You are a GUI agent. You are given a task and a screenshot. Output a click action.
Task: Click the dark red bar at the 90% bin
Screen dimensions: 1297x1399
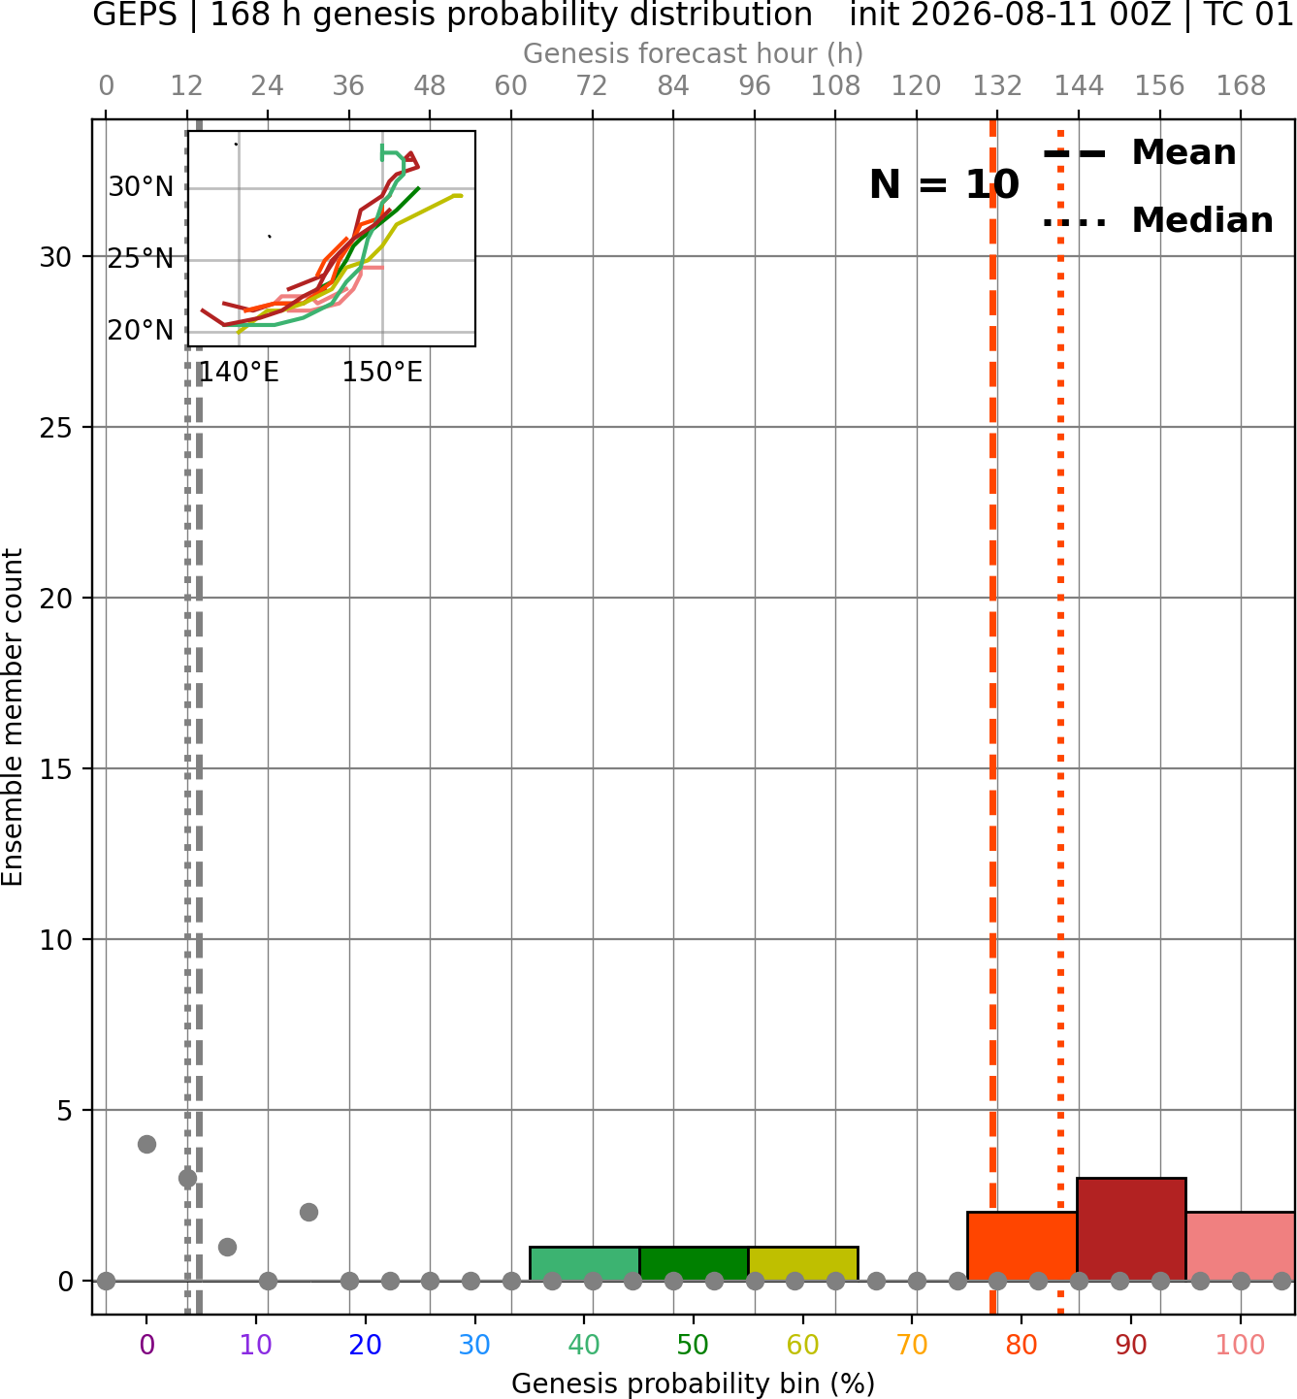(1131, 1228)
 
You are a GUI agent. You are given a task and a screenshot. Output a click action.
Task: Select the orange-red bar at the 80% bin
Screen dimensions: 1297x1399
(1022, 1246)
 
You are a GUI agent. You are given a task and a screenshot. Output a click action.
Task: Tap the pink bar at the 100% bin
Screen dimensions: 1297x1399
(1241, 1246)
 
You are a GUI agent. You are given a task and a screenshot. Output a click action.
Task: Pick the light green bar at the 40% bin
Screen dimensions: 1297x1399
(584, 1263)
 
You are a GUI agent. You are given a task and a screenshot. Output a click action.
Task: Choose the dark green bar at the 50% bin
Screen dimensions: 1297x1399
(694, 1263)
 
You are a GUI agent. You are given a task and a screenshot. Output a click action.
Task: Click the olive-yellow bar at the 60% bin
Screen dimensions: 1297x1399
(803, 1263)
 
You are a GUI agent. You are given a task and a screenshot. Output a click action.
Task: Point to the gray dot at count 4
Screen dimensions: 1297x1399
(146, 1144)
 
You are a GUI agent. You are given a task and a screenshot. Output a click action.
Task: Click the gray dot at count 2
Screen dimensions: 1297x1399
(308, 1213)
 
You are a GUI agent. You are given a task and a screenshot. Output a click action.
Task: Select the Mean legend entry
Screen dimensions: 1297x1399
(1139, 153)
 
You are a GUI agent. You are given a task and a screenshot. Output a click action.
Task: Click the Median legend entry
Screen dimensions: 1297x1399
(1158, 220)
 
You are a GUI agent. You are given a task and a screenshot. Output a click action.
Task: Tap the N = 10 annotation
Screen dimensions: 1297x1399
(944, 184)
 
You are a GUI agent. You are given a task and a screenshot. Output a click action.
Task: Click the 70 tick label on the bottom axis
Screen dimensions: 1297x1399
(912, 1345)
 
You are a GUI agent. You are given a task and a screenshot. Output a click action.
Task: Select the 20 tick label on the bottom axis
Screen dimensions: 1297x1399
(366, 1345)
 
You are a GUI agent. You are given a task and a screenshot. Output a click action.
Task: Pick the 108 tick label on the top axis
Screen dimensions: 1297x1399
(835, 86)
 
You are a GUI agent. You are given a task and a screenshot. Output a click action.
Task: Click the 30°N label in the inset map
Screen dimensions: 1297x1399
(141, 187)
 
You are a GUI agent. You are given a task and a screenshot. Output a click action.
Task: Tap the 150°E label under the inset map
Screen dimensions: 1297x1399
(382, 372)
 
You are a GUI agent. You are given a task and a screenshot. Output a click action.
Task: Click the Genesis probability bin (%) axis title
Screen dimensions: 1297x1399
(694, 1383)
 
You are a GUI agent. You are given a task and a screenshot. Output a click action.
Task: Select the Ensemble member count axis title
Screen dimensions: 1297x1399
(12, 717)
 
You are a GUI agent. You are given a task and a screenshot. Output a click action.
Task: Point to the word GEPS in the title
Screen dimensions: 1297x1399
(135, 15)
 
